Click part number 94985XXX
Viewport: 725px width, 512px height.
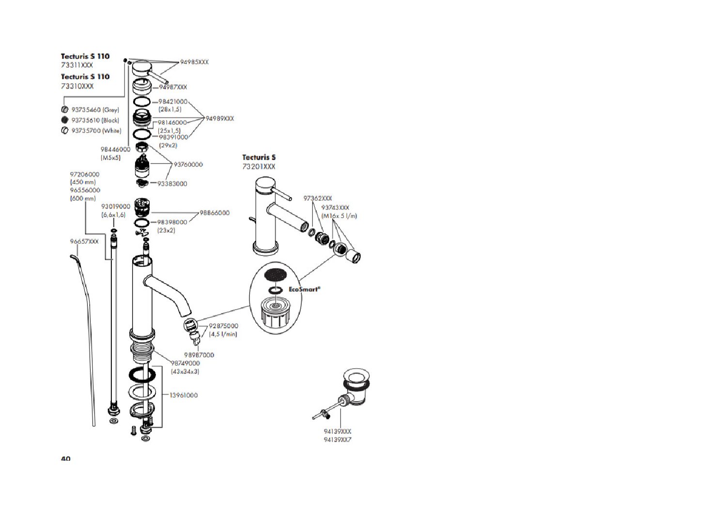(x=194, y=62)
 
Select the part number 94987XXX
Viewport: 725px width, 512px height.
(x=173, y=87)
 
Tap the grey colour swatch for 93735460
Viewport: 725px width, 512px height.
(x=65, y=110)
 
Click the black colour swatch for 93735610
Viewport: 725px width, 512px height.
(x=65, y=120)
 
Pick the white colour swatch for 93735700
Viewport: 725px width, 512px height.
(x=65, y=131)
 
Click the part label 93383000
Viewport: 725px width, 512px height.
(x=172, y=184)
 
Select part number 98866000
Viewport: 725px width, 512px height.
(x=215, y=213)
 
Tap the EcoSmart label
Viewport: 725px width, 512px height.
(x=304, y=289)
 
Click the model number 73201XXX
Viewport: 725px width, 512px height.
(x=259, y=167)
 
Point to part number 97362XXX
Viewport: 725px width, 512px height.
(x=318, y=198)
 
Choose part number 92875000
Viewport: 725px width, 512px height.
(x=223, y=326)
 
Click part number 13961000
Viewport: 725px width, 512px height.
(x=184, y=395)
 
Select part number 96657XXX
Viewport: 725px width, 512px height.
(x=84, y=241)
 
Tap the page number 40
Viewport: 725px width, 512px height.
(x=65, y=459)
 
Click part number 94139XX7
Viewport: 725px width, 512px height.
(x=338, y=440)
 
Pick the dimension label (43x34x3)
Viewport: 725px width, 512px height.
(x=185, y=372)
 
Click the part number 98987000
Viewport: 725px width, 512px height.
(x=199, y=355)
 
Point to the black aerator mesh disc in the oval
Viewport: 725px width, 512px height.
(x=275, y=274)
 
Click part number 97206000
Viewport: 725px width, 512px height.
(x=85, y=174)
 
